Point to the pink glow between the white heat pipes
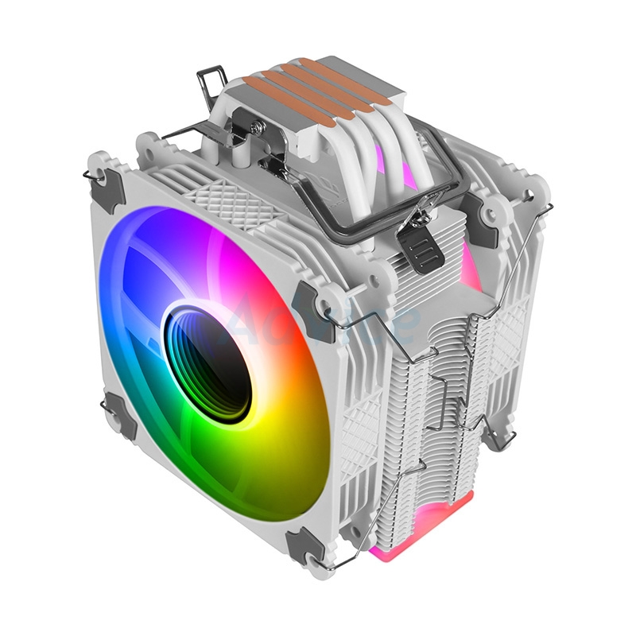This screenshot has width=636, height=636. (x=405, y=170)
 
